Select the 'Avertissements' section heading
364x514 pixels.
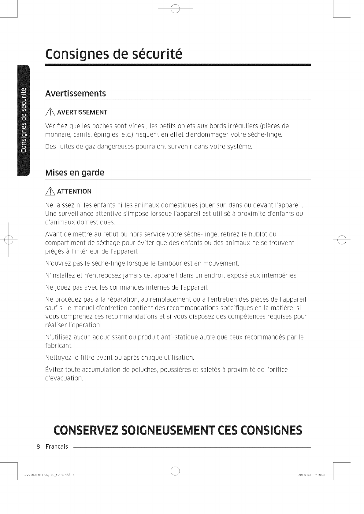click(75, 93)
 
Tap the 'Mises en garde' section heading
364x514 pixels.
click(75, 173)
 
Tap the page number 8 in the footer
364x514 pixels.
click(38, 447)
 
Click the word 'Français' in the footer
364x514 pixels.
click(57, 447)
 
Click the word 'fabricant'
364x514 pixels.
click(58, 345)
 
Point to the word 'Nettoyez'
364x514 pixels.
click(56, 358)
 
